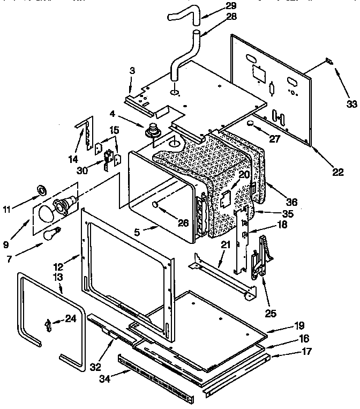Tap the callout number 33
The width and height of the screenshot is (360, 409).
click(x=350, y=103)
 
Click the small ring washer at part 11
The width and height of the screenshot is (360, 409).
click(x=40, y=190)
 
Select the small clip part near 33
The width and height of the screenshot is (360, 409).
click(x=329, y=63)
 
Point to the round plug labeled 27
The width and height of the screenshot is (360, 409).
click(x=250, y=124)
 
